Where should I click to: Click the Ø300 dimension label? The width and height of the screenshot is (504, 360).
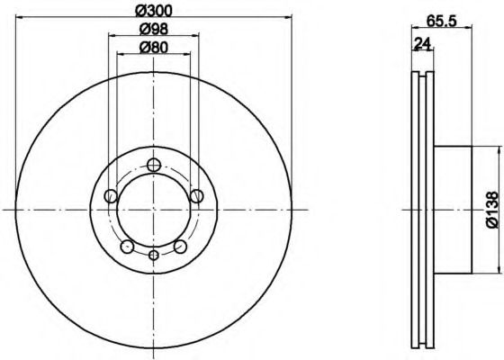154,11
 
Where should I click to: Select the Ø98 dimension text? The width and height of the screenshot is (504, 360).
154,29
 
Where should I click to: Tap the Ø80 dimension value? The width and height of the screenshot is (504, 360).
154,48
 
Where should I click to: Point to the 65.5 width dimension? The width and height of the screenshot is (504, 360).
442,22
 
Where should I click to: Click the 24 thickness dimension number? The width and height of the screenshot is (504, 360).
422,43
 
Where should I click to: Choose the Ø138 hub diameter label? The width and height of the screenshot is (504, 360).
494,210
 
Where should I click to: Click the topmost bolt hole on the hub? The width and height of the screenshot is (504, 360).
154,165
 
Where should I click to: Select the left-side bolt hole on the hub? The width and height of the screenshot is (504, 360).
112,196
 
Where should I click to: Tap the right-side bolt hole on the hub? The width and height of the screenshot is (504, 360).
196,196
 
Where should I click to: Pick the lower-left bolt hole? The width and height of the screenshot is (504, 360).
127,247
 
